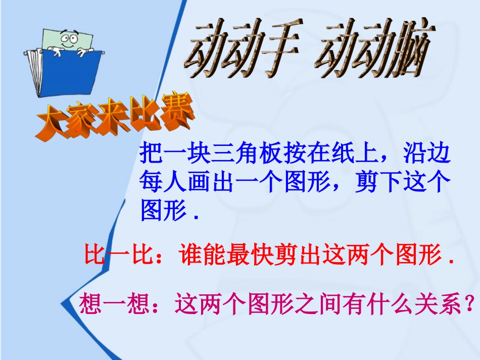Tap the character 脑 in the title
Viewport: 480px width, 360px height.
point(405,54)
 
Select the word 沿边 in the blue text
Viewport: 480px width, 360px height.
point(424,153)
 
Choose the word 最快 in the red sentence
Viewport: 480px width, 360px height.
point(250,255)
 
